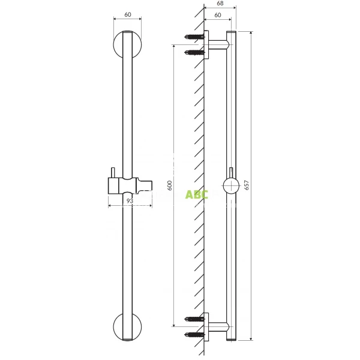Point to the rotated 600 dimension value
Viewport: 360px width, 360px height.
tap(170, 187)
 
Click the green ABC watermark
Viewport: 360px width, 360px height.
tap(196, 194)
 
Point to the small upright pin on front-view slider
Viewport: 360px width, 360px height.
tap(112, 176)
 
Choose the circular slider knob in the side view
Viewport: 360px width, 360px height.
tap(231, 187)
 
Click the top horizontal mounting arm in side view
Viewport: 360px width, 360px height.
tap(217, 44)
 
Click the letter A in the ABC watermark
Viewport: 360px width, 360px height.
tap(189, 194)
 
